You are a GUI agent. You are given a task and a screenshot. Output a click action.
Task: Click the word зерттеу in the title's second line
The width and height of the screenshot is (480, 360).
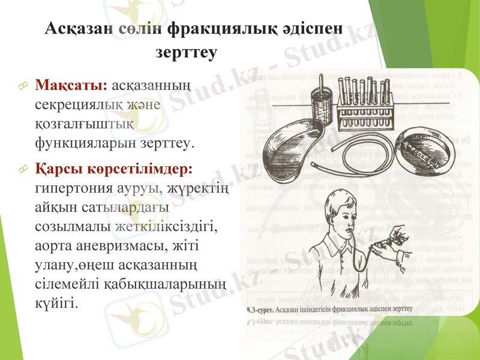click(x=186, y=52)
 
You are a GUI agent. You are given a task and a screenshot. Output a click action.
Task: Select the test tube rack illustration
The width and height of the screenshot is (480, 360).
click(x=367, y=102)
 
